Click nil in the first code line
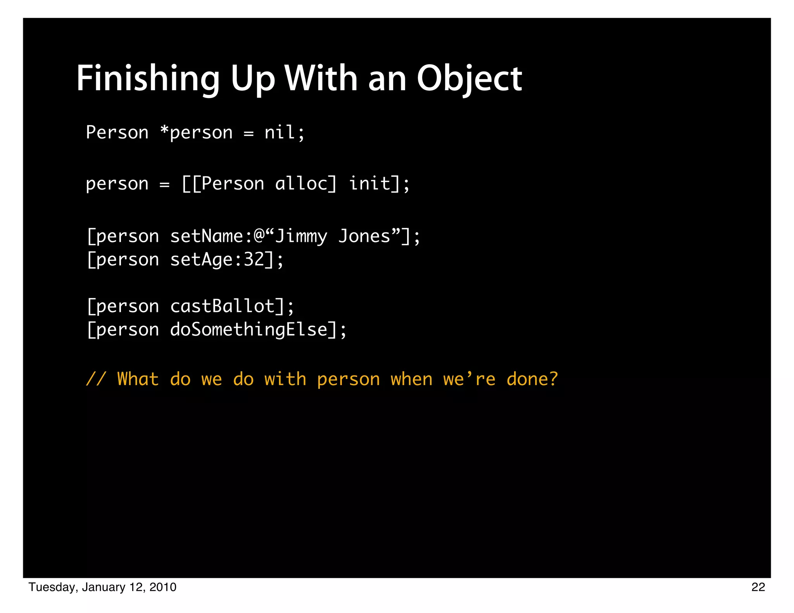[280, 133]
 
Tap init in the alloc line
[369, 183]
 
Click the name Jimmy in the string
[301, 237]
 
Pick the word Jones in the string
[364, 236]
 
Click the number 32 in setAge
[254, 260]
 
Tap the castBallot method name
[223, 306]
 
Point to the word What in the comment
[138, 379]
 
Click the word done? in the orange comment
[532, 379]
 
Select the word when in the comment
[411, 379]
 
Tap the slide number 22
[758, 587]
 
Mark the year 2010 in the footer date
[163, 587]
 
